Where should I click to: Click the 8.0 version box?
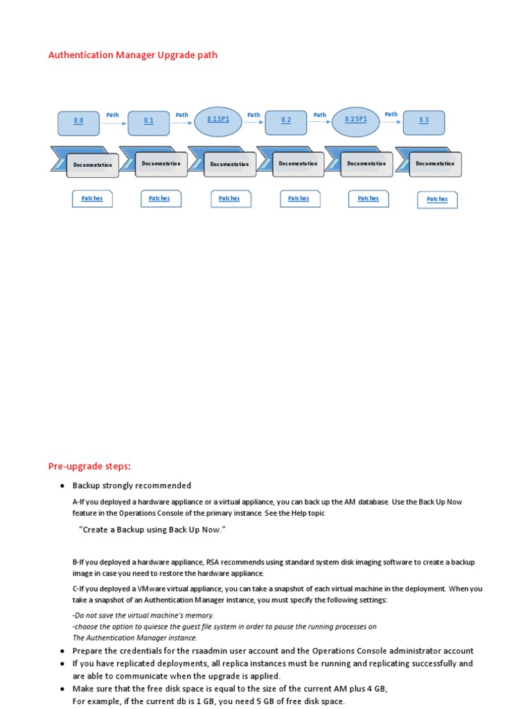78,120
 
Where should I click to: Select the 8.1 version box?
148,120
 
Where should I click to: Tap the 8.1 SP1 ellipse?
218,119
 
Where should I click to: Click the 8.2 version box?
286,120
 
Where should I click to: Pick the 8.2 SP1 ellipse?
356,119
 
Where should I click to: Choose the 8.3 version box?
424,120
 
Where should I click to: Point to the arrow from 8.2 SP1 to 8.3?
391,123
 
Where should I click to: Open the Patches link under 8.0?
92,199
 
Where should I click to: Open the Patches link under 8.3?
437,199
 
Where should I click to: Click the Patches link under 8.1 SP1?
229,199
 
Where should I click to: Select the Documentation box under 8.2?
298,164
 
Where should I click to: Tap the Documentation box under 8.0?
92,165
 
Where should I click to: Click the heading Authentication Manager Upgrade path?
133,55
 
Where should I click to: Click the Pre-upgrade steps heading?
89,466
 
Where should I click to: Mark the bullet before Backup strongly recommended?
62,486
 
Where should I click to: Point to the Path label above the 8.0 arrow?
112,115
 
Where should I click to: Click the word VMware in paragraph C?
154,589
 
